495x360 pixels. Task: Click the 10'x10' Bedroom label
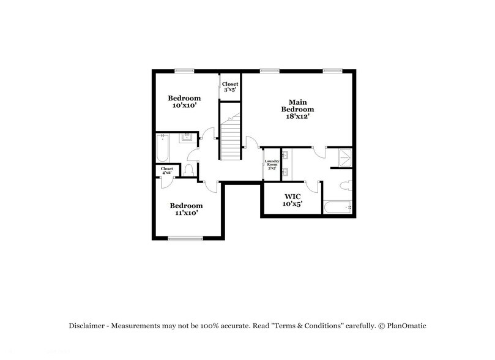(184, 102)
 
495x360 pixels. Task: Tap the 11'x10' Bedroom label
(186, 209)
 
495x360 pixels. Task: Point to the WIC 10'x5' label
(292, 200)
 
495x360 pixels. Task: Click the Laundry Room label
(272, 165)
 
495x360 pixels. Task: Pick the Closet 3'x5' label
(230, 87)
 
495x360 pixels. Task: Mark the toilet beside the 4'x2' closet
(189, 170)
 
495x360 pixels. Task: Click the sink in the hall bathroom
(187, 138)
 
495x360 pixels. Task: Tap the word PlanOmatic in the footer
(403, 326)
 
